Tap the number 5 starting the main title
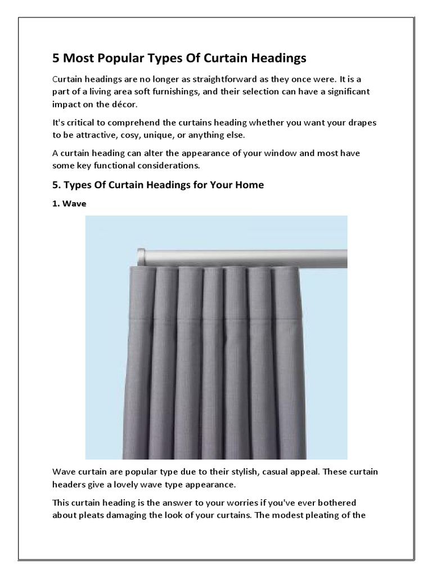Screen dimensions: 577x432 56,58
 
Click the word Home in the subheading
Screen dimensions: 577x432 249,185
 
